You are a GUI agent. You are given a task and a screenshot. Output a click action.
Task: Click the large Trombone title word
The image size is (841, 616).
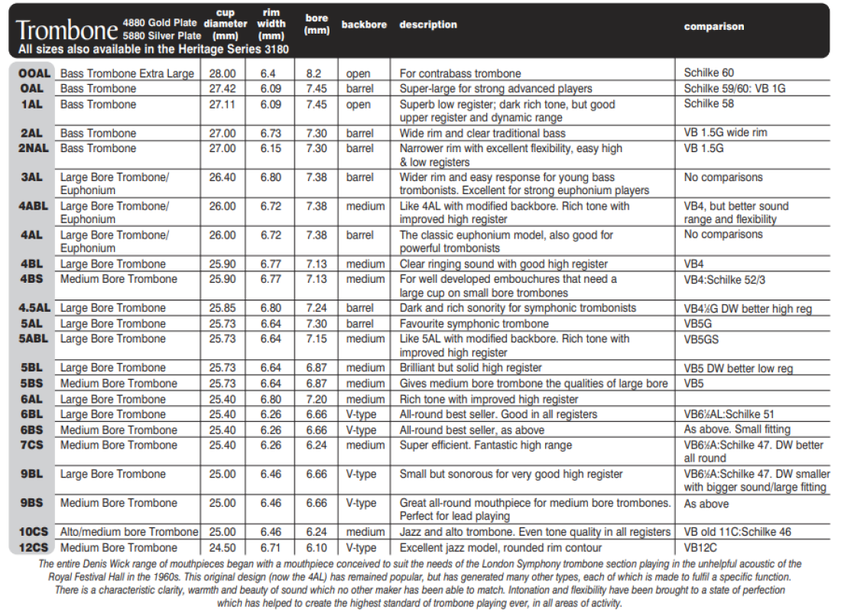(67, 30)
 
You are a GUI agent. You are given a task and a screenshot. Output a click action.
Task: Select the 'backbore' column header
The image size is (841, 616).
(364, 24)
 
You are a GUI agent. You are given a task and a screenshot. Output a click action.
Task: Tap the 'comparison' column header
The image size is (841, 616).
(713, 26)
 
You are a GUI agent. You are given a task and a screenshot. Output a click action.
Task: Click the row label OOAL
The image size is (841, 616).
(34, 73)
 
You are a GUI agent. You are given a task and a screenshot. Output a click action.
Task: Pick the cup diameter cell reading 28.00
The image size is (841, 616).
(222, 73)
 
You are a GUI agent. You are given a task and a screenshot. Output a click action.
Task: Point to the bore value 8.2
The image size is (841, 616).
(314, 73)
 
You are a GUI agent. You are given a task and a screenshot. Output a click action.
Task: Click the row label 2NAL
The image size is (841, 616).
(34, 148)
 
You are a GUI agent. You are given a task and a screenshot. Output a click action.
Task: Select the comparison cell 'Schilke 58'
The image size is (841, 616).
(709, 103)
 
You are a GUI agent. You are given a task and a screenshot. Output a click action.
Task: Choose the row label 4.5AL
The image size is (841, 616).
(34, 308)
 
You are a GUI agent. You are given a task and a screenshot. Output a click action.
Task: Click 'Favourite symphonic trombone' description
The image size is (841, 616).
(474, 323)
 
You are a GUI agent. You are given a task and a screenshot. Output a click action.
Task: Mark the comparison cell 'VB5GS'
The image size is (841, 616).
(702, 339)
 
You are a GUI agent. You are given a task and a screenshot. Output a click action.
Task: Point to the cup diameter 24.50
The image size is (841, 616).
(222, 547)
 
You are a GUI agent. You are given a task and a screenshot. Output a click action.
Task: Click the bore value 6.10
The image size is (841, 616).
(317, 547)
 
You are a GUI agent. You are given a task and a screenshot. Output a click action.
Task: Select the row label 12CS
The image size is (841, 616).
(34, 547)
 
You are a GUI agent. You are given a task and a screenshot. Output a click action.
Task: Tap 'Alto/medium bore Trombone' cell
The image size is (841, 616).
(129, 532)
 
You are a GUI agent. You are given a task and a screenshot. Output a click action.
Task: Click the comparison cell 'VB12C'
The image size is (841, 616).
(702, 547)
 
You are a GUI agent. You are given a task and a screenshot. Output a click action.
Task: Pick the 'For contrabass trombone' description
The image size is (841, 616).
(460, 73)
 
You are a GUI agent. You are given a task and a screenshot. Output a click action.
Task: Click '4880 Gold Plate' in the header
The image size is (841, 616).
(159, 21)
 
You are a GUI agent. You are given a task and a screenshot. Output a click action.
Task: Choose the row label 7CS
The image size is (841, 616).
(34, 445)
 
